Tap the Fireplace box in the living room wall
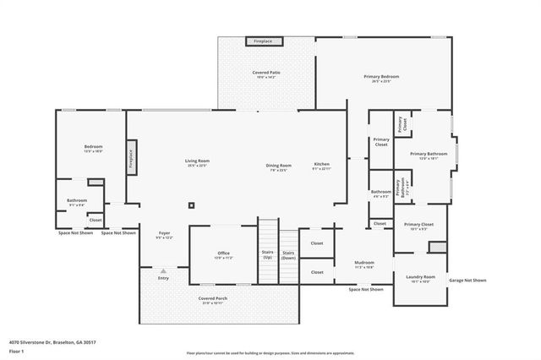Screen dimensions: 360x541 (131, 157)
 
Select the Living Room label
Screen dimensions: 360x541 (198, 163)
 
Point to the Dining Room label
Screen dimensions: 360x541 (278, 167)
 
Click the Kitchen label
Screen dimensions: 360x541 (321, 166)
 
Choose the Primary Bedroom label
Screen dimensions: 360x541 (381, 79)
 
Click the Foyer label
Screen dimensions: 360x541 (164, 236)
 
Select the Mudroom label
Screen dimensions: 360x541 (364, 265)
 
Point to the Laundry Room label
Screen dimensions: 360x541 (420, 279)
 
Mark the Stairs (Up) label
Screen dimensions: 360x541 (266, 254)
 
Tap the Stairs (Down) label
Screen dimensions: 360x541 (288, 254)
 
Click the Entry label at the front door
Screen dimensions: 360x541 (163, 278)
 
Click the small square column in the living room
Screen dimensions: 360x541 (192, 205)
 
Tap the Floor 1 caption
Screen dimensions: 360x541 (16, 351)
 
